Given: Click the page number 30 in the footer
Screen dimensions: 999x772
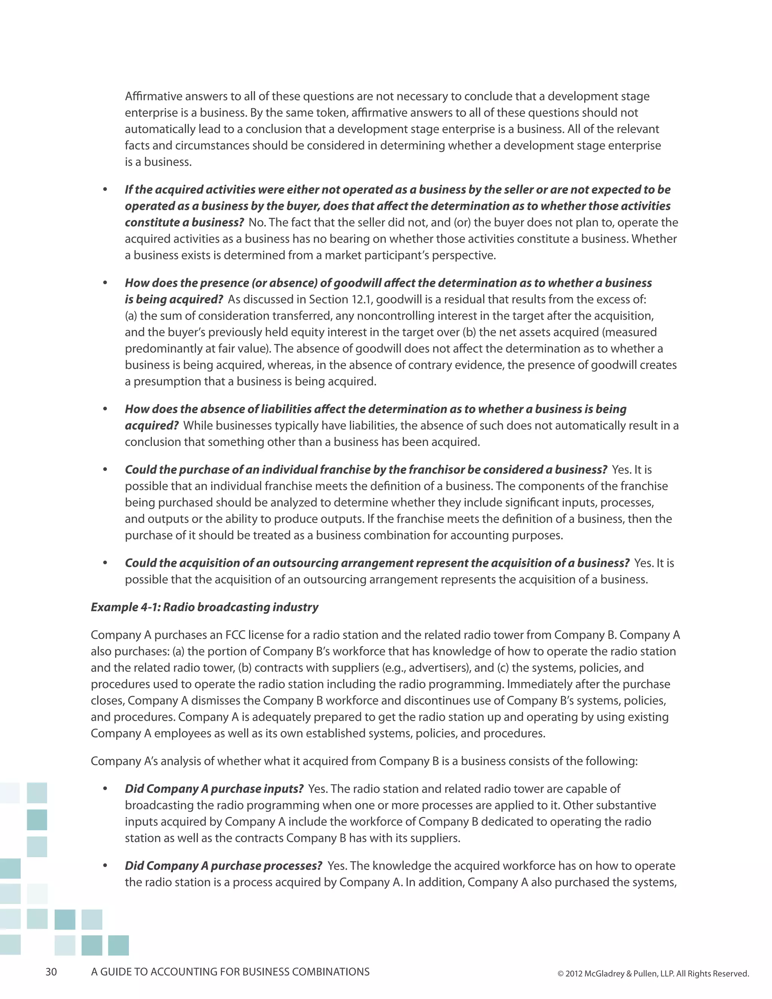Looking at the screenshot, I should (x=51, y=971).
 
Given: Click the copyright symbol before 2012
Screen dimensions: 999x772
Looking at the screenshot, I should (x=560, y=973).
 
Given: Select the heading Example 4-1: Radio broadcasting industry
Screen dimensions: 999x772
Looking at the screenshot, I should (x=204, y=607).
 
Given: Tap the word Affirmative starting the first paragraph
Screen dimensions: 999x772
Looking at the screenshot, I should (x=154, y=96).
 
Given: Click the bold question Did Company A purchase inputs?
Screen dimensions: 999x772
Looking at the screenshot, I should (x=214, y=789).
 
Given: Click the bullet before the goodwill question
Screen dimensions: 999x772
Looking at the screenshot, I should (x=105, y=283).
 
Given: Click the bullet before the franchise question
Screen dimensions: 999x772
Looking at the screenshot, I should (x=105, y=470).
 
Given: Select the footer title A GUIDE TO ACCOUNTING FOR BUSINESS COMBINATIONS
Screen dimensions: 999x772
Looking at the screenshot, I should (x=230, y=971).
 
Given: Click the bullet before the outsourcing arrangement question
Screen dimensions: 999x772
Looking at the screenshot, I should (x=105, y=563).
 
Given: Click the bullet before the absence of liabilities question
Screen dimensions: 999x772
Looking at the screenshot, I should (x=105, y=409).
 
